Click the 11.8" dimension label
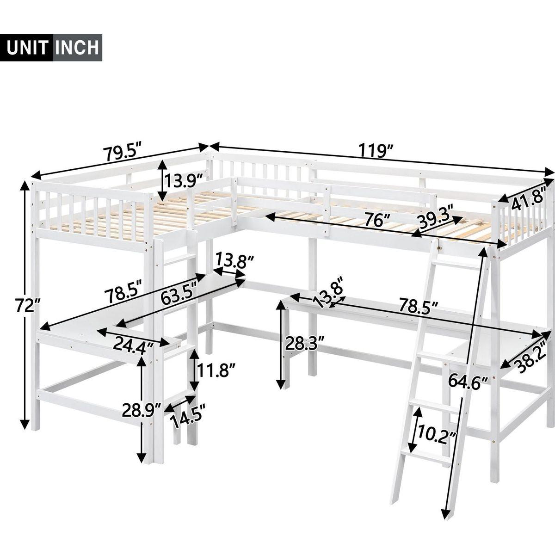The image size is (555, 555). point(217,370)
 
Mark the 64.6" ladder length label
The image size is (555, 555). point(468,382)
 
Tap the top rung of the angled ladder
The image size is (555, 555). point(458,267)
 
